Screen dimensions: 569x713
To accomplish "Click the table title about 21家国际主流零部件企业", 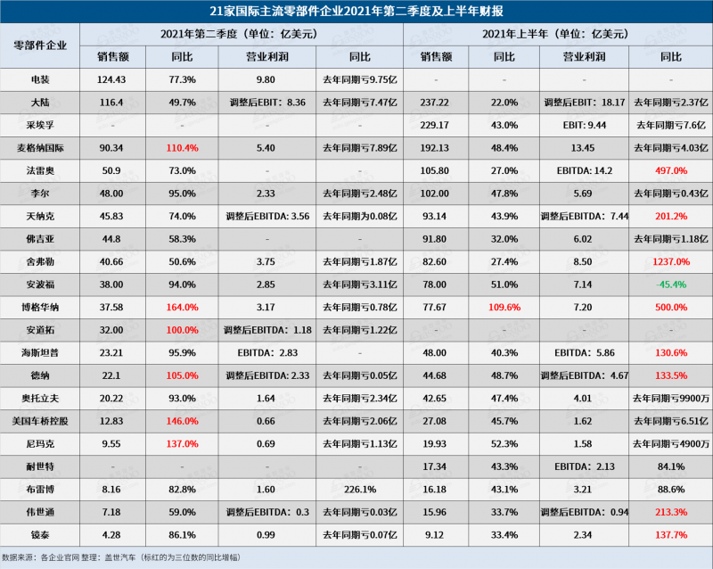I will (x=356, y=11).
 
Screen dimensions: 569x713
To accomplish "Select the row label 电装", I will (x=40, y=78).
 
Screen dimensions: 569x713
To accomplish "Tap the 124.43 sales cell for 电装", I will (x=112, y=78).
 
